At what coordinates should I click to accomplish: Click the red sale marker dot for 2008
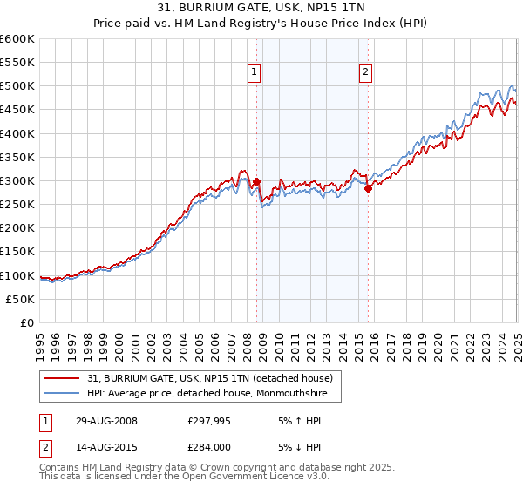click(x=256, y=182)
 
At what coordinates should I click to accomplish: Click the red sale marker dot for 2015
click(x=368, y=188)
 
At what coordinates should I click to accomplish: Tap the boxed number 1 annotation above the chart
click(x=254, y=73)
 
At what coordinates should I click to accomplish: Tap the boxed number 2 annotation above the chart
click(x=365, y=73)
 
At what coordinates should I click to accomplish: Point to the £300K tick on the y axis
click(x=17, y=180)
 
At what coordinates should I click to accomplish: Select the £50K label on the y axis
click(x=20, y=299)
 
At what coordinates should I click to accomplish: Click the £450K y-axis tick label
click(x=17, y=110)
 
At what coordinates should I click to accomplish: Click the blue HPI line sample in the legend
click(x=60, y=393)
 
